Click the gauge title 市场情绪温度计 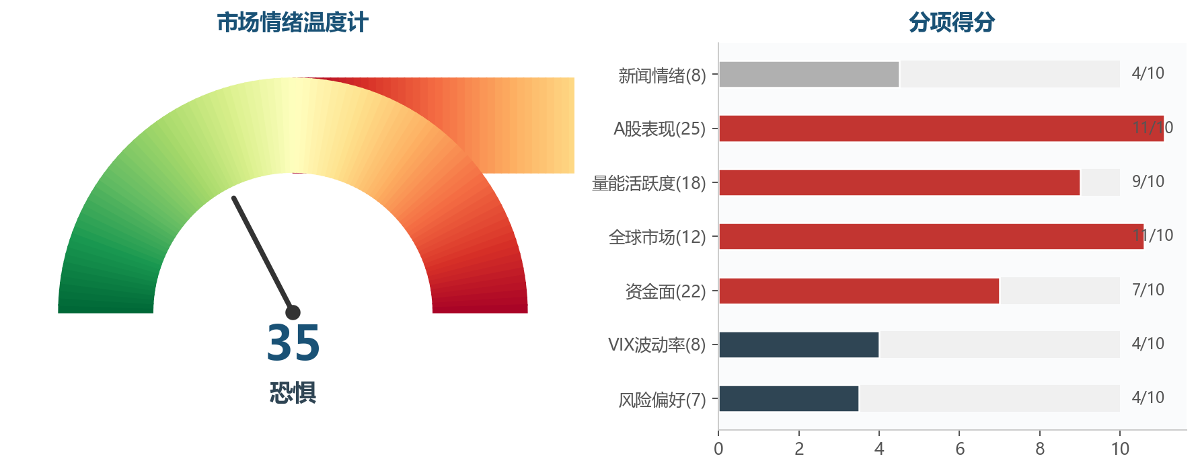(x=292, y=23)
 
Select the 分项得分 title (x=951, y=23)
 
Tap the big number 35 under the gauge (x=293, y=343)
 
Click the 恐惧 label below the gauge (x=293, y=393)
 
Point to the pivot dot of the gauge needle (x=293, y=312)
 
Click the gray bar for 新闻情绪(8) (x=809, y=74)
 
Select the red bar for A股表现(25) (x=940, y=129)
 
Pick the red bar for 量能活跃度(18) (x=899, y=182)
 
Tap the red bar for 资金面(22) (x=858, y=291)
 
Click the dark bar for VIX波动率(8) (x=798, y=345)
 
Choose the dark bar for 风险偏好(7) (x=788, y=398)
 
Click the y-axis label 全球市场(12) (x=657, y=237)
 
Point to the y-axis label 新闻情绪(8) (x=662, y=75)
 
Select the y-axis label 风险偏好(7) (x=662, y=400)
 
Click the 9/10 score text (x=1148, y=182)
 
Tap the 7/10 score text (x=1148, y=290)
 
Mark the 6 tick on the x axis (x=959, y=449)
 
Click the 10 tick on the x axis (x=1120, y=449)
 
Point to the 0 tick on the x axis (x=718, y=449)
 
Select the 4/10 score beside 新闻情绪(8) (x=1148, y=73)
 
